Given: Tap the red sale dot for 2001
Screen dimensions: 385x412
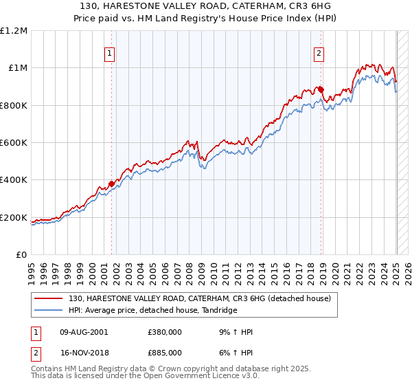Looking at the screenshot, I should pyautogui.click(x=111, y=184).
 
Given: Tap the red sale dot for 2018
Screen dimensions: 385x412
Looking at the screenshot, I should pyautogui.click(x=321, y=89).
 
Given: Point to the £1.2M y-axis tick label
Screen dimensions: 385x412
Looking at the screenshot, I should pyautogui.click(x=14, y=31).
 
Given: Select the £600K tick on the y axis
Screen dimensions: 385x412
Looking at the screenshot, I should pyautogui.click(x=14, y=143).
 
